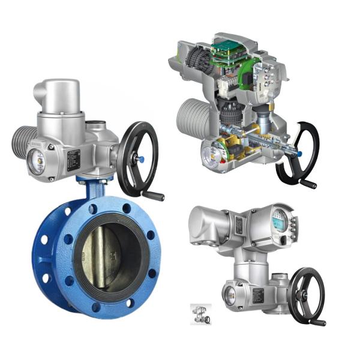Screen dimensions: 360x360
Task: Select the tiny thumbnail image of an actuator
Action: tap(199, 313)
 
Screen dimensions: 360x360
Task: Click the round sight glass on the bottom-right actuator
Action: tap(230, 292)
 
